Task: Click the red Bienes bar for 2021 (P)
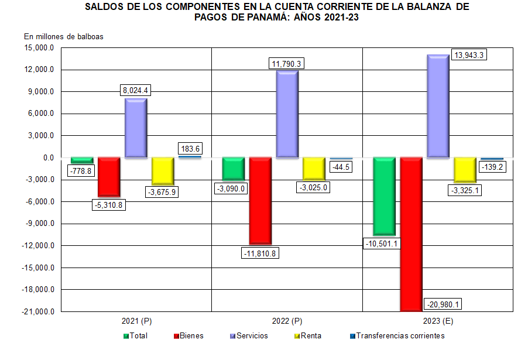pos(109,177)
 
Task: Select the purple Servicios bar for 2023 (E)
pos(438,106)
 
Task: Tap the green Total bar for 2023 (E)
pos(384,196)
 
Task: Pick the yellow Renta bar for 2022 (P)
pos(314,169)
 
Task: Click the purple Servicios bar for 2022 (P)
pos(287,114)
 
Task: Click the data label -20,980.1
pos(444,304)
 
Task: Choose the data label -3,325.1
pos(465,190)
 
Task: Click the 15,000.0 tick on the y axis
pos(39,48)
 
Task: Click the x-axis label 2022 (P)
pos(287,321)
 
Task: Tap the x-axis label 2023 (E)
pos(438,321)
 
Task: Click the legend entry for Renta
pos(311,336)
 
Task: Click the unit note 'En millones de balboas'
pos(63,36)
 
